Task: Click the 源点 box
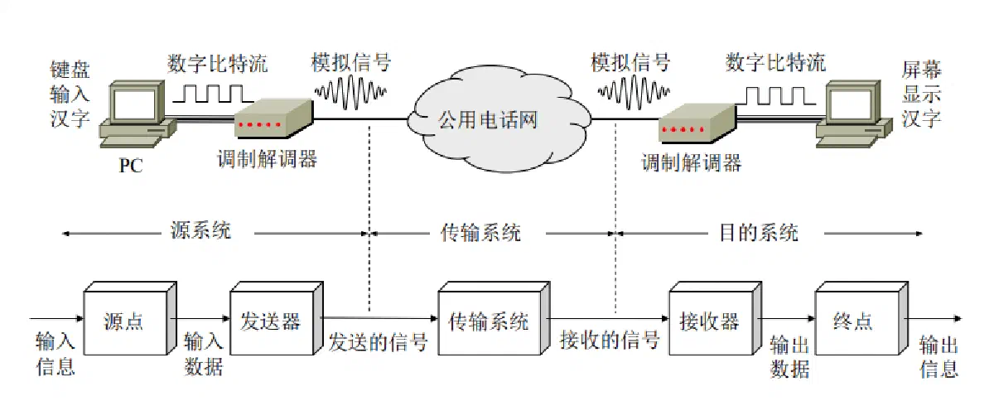[x=130, y=318]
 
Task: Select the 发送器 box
[x=276, y=318]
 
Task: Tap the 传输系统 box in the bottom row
[x=494, y=318]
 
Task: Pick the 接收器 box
[x=716, y=318]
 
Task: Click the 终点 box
[x=861, y=318]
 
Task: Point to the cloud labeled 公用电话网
[x=499, y=119]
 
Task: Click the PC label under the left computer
[x=131, y=166]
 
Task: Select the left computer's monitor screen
[x=133, y=104]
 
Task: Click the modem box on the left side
[x=273, y=118]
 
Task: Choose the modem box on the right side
[x=697, y=123]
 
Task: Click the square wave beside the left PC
[x=213, y=94]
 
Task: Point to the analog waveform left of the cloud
[x=350, y=92]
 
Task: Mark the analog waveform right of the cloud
[x=634, y=92]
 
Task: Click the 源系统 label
[x=200, y=230]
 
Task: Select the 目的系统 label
[x=759, y=232]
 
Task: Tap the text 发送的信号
[x=378, y=342]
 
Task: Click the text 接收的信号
[x=610, y=341]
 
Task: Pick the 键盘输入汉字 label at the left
[x=70, y=94]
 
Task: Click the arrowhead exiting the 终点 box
[x=958, y=318]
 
